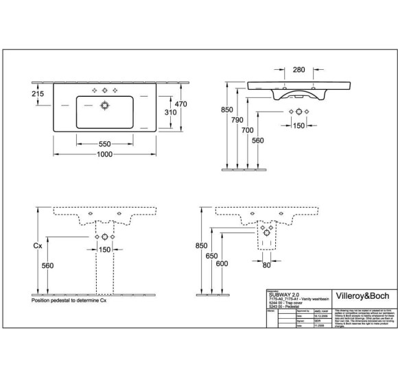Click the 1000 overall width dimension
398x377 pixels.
coord(105,156)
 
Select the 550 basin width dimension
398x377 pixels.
coord(105,145)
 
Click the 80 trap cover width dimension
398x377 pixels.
coord(266,265)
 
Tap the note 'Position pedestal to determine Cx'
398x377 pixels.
coord(69,300)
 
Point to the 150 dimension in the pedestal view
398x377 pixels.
coord(105,249)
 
